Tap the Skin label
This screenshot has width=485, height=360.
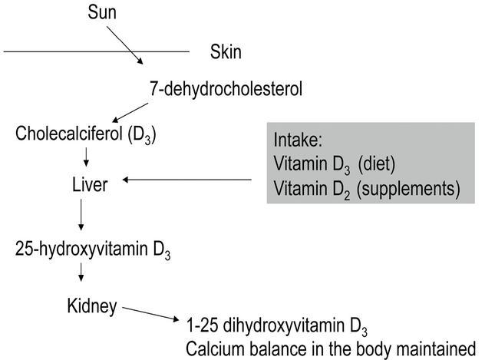click(225, 53)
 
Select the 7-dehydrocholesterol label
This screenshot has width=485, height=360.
click(226, 90)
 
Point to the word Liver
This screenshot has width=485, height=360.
click(87, 183)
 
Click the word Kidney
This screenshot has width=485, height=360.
click(91, 307)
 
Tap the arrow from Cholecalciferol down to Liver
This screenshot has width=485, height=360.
click(86, 157)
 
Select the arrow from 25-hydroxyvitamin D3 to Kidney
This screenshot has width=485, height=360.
click(81, 276)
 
